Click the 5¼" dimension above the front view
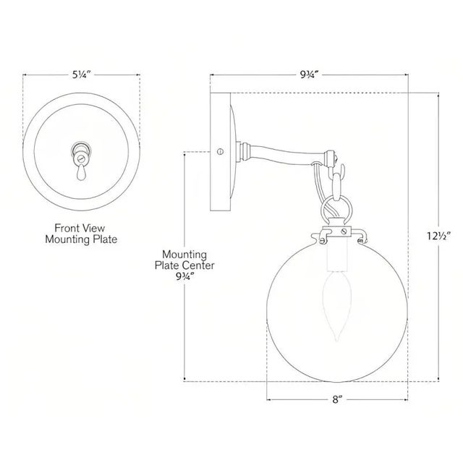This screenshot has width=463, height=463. click(x=81, y=74)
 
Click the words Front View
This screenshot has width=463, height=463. click(x=81, y=226)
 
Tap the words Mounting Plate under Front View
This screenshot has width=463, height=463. click(x=81, y=238)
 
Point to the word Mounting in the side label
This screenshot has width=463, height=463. click(x=185, y=255)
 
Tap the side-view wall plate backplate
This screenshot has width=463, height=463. click(x=218, y=152)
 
